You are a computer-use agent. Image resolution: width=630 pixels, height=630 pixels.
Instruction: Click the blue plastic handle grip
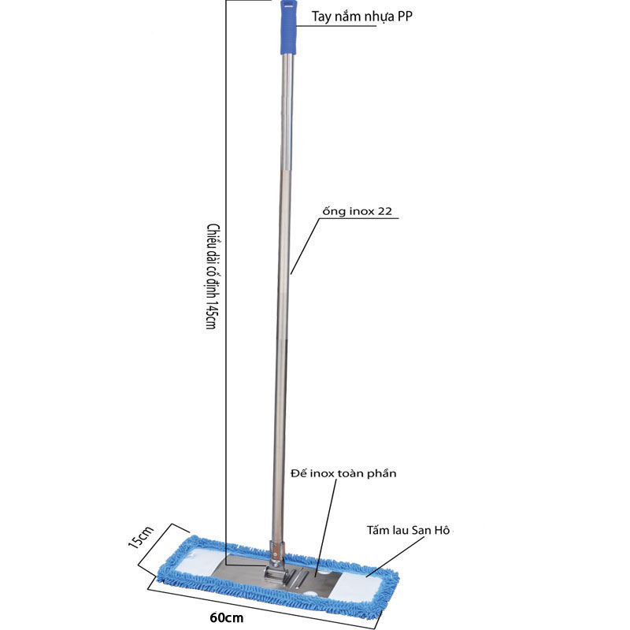289,27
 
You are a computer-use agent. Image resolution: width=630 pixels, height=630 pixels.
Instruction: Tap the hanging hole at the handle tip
289,6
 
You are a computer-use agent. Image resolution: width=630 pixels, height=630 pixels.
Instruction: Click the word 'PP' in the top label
405,17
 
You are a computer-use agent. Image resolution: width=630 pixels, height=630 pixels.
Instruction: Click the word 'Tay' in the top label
321,17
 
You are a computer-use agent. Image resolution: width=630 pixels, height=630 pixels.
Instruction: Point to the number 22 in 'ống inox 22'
384,211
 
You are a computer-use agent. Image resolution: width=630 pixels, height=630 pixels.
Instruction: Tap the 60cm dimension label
227,617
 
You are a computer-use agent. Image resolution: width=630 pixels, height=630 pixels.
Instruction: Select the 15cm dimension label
141,537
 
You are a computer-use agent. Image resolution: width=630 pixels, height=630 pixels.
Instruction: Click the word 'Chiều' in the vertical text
213,237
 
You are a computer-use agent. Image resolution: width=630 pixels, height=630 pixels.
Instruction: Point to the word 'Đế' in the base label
299,473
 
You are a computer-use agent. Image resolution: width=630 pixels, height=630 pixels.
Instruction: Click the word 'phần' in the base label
382,474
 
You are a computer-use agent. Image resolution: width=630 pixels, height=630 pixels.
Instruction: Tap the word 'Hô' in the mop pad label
442,530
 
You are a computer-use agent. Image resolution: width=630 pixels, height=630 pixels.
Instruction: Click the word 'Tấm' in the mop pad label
377,530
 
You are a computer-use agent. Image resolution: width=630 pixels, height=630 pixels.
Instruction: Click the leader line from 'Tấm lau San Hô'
395,556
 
